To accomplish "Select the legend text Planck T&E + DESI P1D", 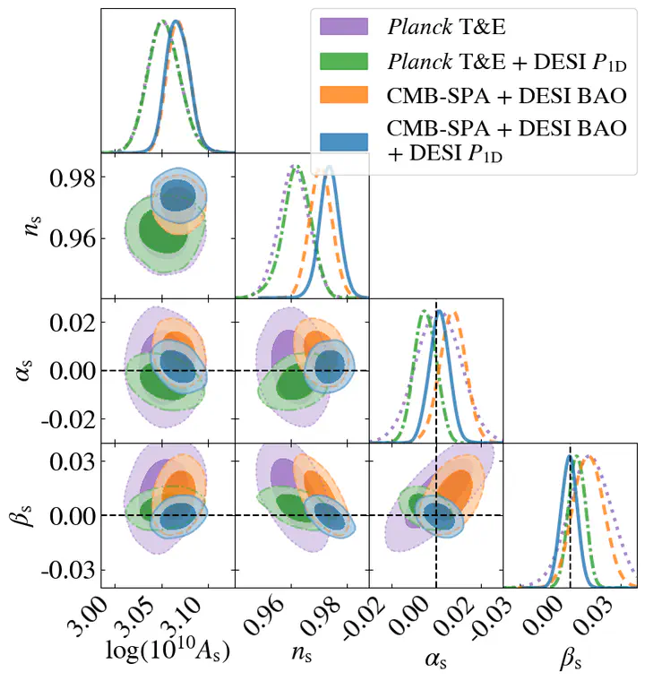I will pos(505,62).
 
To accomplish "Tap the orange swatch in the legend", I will pos(344,95).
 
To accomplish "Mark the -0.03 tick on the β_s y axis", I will pos(64,570).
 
